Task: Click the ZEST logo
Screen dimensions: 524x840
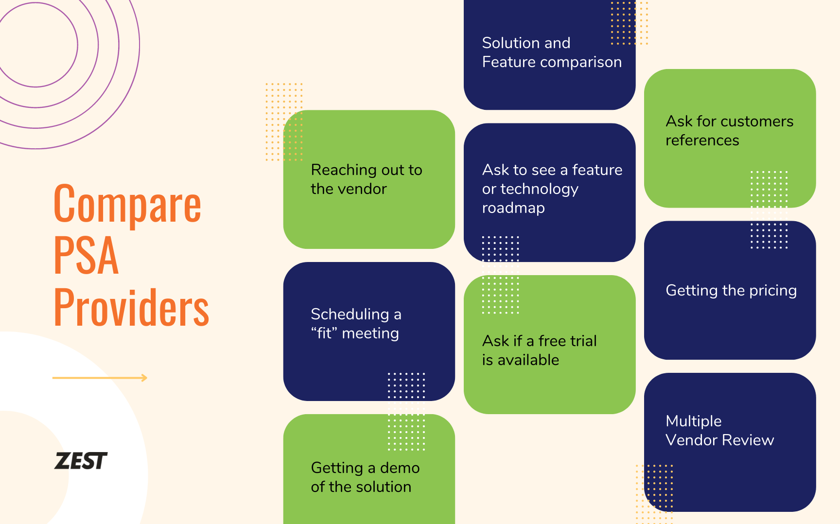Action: (81, 461)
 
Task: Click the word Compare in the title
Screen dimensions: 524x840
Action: (127, 204)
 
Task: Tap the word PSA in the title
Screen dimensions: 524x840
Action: (86, 256)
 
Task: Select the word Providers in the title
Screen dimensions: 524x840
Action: (131, 307)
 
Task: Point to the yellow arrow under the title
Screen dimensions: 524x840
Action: (100, 378)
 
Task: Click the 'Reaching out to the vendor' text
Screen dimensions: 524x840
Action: (366, 179)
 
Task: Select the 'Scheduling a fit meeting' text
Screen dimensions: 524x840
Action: (356, 324)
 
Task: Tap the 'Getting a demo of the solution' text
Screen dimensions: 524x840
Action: (365, 477)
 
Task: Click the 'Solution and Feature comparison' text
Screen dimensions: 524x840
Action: (551, 52)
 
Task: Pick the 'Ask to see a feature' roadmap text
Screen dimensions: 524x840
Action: (552, 189)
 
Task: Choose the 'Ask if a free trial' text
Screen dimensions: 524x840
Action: (539, 350)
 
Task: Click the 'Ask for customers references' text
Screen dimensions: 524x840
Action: (729, 130)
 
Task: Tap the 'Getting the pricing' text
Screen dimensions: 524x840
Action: (731, 290)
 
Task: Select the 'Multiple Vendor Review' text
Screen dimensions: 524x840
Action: (719, 430)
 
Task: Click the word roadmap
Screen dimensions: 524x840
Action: (513, 208)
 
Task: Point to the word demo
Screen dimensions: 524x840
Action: (400, 468)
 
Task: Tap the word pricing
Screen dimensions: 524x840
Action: (773, 291)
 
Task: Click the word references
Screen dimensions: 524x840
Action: (702, 140)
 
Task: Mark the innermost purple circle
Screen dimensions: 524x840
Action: (35, 45)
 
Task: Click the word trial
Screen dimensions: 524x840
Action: (582, 341)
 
